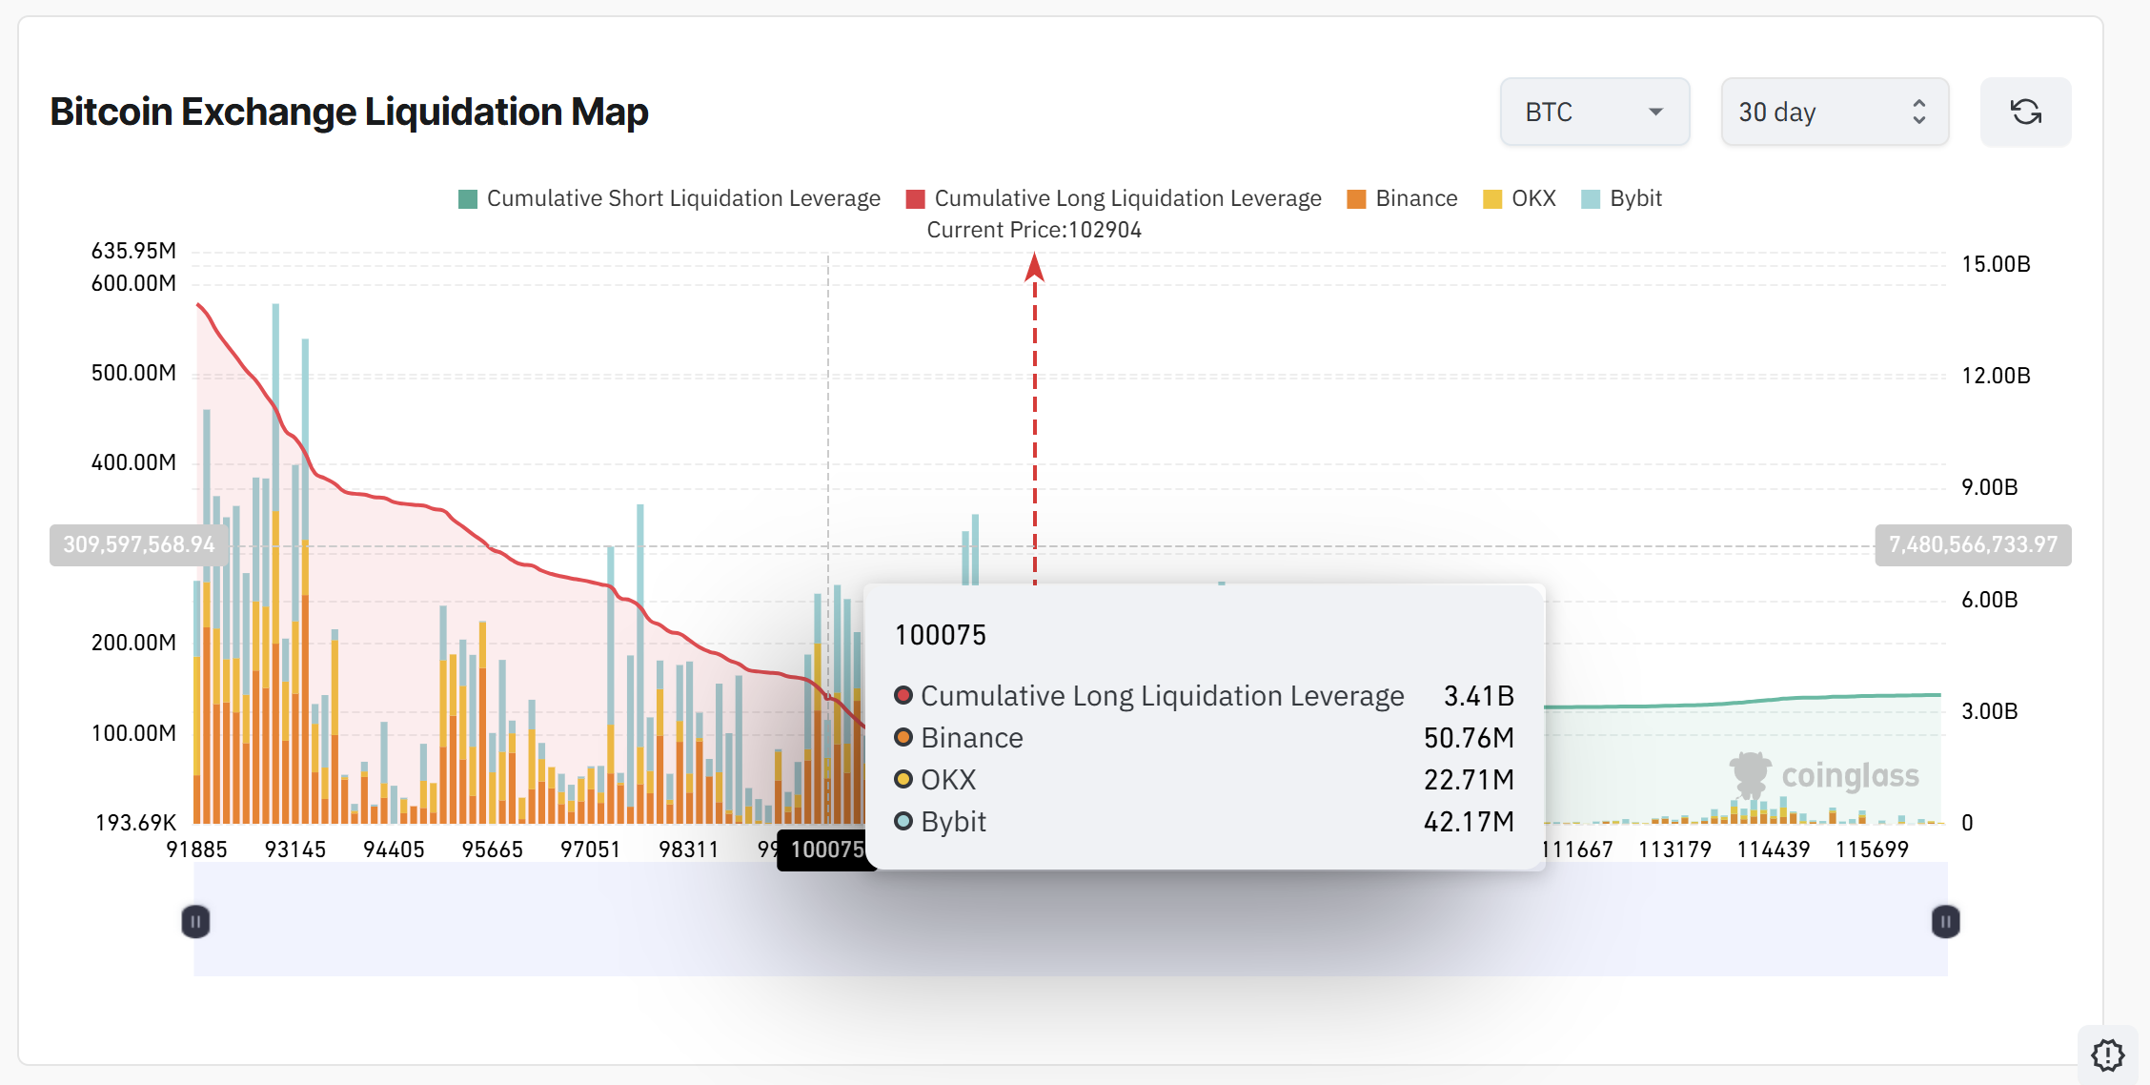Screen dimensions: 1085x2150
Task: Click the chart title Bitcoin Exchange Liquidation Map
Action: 349,112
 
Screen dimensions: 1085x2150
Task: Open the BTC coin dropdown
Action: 1594,113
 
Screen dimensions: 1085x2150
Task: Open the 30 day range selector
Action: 1834,113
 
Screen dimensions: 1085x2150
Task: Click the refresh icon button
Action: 2025,113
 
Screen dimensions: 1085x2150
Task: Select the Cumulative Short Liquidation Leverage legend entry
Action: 669,198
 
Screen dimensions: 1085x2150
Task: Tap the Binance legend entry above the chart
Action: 1402,198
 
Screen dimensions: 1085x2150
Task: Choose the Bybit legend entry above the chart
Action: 1621,198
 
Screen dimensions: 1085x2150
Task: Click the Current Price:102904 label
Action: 1034,230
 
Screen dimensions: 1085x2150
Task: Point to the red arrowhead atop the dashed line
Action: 1035,268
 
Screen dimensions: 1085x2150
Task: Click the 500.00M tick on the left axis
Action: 133,373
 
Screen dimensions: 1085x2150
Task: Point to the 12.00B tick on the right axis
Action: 1996,376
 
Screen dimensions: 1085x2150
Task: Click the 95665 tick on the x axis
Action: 492,850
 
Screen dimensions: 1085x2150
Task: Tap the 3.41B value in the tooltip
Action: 1478,696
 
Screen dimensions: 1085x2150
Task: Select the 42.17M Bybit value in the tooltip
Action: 1469,822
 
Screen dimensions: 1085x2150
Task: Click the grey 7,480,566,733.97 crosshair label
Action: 1973,544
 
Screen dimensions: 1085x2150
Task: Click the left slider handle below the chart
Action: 195,922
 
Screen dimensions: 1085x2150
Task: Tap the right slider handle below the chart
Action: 1945,922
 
